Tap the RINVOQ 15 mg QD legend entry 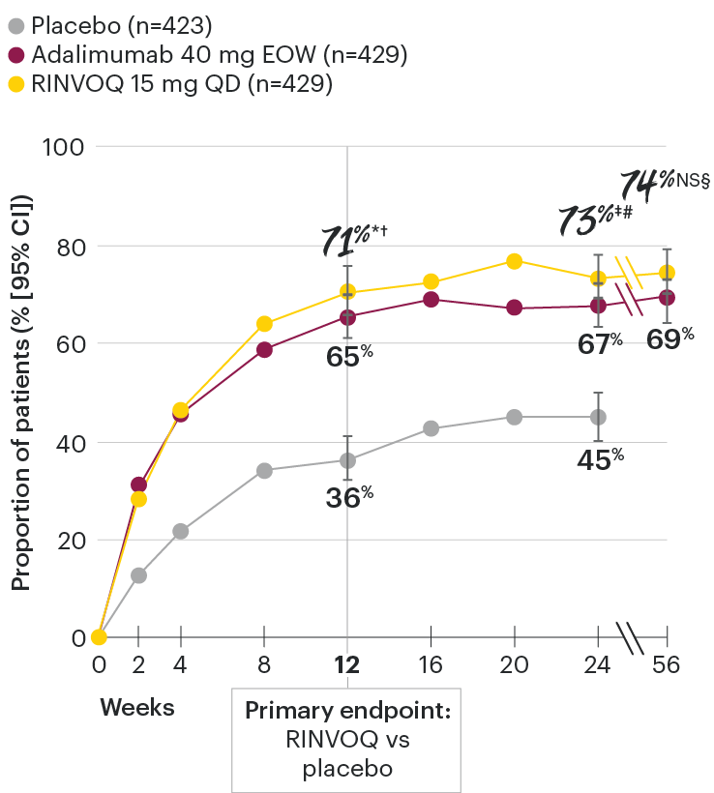click(x=170, y=85)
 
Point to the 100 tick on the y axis click(x=64, y=147)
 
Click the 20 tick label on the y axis click(x=71, y=540)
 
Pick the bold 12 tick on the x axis click(x=346, y=664)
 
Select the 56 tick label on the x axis click(x=667, y=664)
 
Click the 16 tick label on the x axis click(x=431, y=664)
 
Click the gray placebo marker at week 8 click(x=264, y=471)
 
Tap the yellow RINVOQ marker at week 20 click(x=514, y=261)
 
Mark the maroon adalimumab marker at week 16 click(x=431, y=300)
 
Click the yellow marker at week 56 click(x=667, y=273)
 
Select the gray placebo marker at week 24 click(x=598, y=417)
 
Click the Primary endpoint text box click(x=346, y=740)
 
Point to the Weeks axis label click(x=137, y=708)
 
